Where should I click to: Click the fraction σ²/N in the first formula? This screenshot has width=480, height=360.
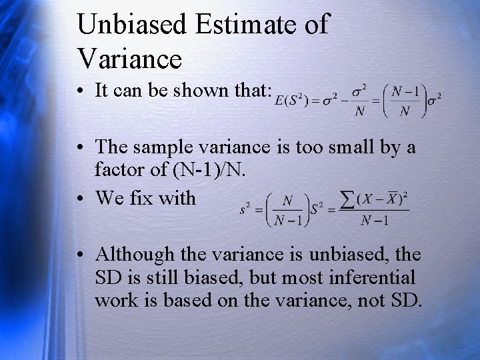(x=360, y=101)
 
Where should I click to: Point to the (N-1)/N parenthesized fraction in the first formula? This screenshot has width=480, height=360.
(x=401, y=101)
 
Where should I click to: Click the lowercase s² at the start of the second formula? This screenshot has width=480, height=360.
(x=245, y=209)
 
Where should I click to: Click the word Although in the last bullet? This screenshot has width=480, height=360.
(x=135, y=254)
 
